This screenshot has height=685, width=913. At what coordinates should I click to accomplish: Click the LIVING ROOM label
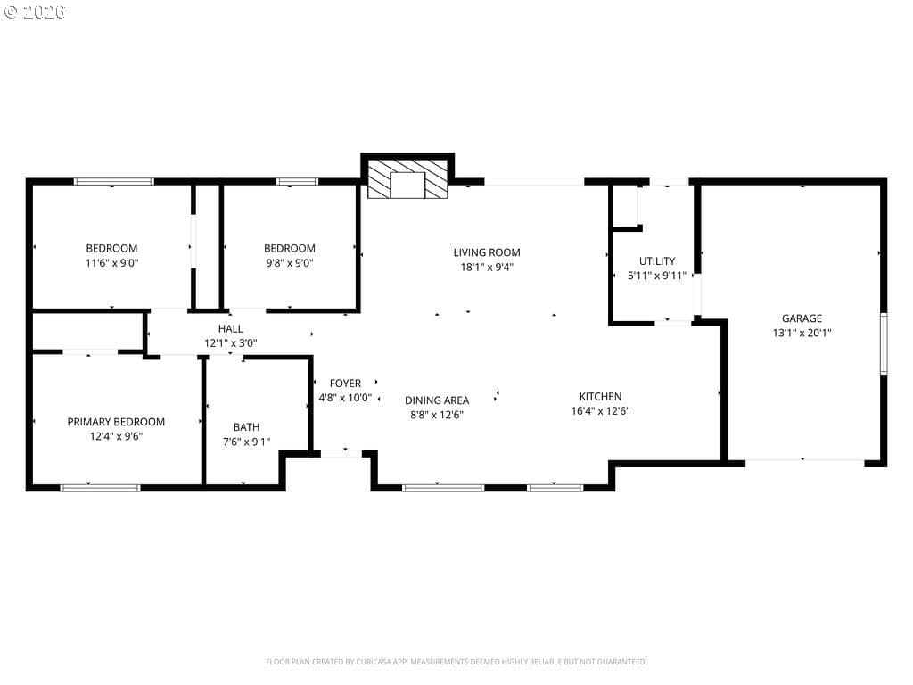pos(487,252)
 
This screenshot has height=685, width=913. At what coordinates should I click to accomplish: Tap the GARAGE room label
pos(802,318)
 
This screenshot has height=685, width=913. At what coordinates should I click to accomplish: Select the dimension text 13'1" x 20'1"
pos(802,333)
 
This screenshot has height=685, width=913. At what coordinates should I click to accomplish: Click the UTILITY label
pos(657,261)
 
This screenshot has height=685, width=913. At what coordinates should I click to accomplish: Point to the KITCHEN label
pos(600,396)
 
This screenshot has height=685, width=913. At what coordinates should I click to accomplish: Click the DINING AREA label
pos(437,400)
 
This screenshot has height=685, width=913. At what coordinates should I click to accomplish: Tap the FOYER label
pos(345,384)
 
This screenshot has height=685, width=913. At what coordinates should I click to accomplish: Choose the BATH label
pos(246,427)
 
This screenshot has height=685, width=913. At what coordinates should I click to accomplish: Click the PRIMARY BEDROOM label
pos(116,422)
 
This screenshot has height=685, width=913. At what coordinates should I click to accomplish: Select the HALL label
pos(231,328)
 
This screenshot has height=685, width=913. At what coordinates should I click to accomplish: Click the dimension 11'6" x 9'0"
pos(111,263)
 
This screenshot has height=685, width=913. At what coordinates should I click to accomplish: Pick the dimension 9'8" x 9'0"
pos(290,263)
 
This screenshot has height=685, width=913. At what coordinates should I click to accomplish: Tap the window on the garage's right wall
pos(884,343)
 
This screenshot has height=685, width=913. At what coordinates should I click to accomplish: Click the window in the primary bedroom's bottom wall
pos(100,488)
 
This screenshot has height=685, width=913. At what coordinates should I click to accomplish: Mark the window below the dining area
pos(442,488)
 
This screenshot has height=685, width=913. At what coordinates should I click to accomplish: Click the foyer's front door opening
pos(341,453)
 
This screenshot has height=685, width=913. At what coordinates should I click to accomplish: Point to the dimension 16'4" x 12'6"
pos(600,410)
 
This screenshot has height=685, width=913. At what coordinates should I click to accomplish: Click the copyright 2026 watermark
pos(34,12)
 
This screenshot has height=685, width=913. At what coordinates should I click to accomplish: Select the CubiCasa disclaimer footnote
pos(456,662)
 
